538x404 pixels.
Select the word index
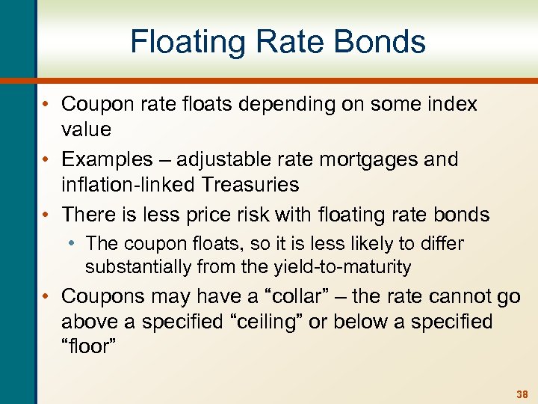453,104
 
